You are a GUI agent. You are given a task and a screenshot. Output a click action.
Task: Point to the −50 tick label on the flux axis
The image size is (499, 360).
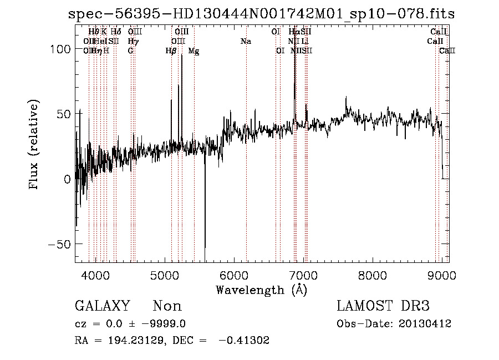59,245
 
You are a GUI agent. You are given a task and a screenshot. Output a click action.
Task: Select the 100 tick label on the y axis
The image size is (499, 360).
62,49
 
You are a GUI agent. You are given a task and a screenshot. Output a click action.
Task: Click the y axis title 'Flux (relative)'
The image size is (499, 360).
34,145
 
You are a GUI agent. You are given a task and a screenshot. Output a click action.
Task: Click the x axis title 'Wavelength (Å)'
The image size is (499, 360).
261,290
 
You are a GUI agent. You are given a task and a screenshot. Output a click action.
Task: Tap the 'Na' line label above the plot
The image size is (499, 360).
245,42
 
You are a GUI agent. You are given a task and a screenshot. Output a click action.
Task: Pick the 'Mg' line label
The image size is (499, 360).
194,51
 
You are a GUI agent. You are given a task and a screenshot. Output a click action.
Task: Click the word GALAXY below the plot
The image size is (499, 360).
102,306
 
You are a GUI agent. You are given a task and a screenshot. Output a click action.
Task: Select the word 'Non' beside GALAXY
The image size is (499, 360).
167,306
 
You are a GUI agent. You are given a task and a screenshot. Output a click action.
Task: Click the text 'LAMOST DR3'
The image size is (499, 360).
383,306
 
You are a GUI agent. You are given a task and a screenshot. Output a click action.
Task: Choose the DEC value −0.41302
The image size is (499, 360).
244,341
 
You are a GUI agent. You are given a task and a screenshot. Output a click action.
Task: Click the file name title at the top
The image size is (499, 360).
261,14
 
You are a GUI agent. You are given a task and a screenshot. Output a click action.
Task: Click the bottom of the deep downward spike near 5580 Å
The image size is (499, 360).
205,260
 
